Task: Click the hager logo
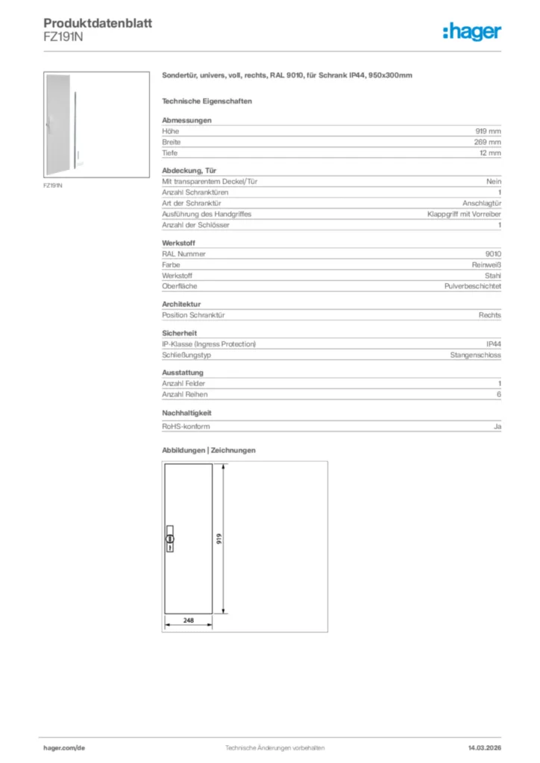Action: [x=472, y=31]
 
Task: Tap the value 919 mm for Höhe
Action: [x=489, y=131]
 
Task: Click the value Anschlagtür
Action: [x=482, y=203]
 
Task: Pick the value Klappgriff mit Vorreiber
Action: [x=464, y=214]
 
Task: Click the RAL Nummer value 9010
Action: [x=493, y=253]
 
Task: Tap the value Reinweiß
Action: [x=486, y=265]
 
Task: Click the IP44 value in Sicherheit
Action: [x=493, y=344]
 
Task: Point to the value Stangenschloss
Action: [x=475, y=355]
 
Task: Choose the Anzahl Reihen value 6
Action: [x=498, y=394]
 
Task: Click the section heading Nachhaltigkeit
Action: [x=187, y=412]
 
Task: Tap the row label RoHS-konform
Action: [x=186, y=426]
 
